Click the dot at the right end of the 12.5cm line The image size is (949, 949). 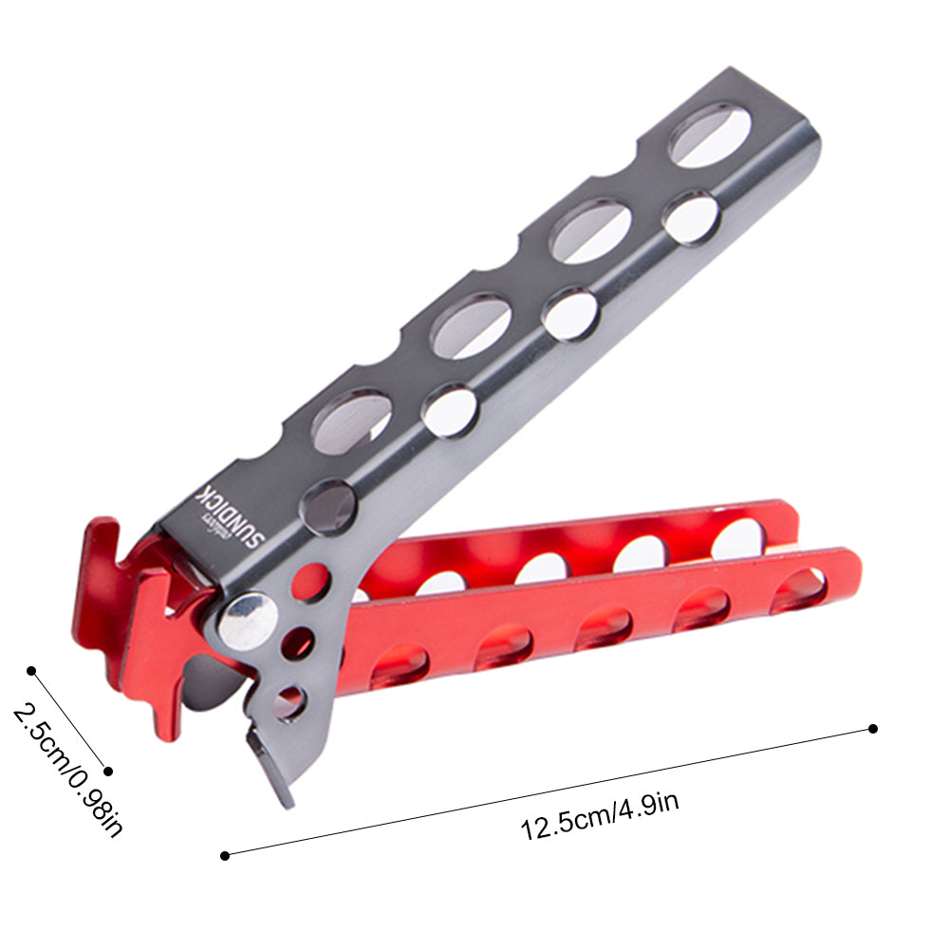pos(873,729)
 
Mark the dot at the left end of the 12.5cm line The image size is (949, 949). pos(225,855)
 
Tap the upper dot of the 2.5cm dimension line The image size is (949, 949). pos(31,671)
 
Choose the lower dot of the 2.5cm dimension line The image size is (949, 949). pos(108,772)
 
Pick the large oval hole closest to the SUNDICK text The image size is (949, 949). pos(352,419)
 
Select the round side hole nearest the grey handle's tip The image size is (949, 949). pos(692,217)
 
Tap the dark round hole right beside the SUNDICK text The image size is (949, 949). pos(328,508)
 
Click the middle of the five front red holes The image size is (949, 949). pos(603,627)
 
